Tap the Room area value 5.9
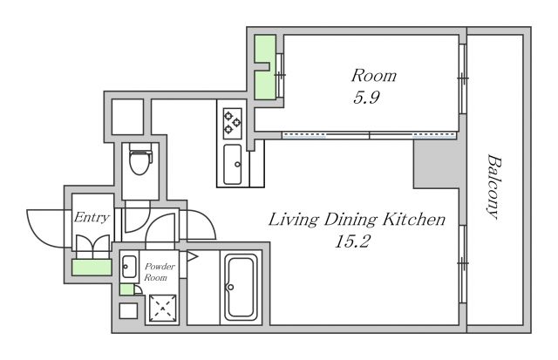pos(366,97)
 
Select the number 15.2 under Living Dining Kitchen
pos(352,241)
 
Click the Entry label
pos(92,217)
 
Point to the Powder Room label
pos(160,272)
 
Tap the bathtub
pos(242,287)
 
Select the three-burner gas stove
pos(233,124)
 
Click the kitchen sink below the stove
pos(233,165)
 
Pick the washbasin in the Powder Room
pos(129,267)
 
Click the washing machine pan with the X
pos(163,308)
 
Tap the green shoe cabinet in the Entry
pos(92,267)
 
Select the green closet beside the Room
pos(265,67)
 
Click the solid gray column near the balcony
pos(436,164)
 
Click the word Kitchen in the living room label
pos(414,220)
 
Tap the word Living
pos(293,220)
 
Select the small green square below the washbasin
pos(126,289)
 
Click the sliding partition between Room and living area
pos(369,135)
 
